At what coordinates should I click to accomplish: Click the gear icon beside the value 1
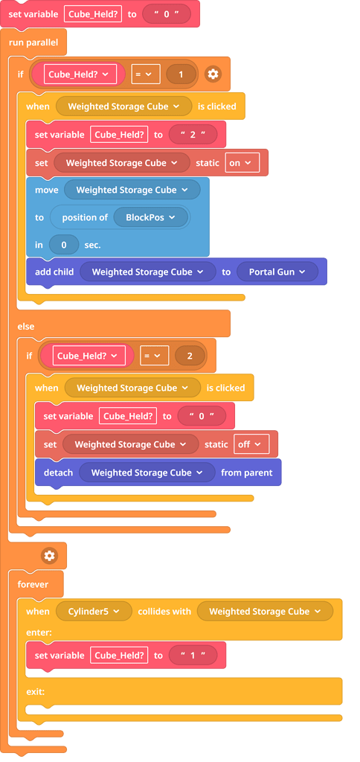[x=213, y=74]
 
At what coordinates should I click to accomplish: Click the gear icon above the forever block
[x=49, y=556]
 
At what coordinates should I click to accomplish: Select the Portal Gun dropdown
[x=277, y=272]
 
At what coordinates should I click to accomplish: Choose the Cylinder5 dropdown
[x=94, y=611]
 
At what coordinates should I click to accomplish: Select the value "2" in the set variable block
[x=197, y=135]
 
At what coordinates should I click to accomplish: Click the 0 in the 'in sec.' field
[x=64, y=245]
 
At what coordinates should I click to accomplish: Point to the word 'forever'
[x=33, y=584]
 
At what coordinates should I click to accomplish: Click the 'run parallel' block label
[x=34, y=42]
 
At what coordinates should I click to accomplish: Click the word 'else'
[x=26, y=326]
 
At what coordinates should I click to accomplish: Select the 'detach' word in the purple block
[x=58, y=473]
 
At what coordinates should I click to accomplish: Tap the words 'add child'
[x=54, y=272]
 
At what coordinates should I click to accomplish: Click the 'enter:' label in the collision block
[x=39, y=631]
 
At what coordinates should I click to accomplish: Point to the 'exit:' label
[x=36, y=691]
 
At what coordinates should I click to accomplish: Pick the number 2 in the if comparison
[x=190, y=356]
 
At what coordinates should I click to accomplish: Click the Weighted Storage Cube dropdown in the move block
[x=132, y=190]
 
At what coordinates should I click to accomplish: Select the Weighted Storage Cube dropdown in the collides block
[x=264, y=611]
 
